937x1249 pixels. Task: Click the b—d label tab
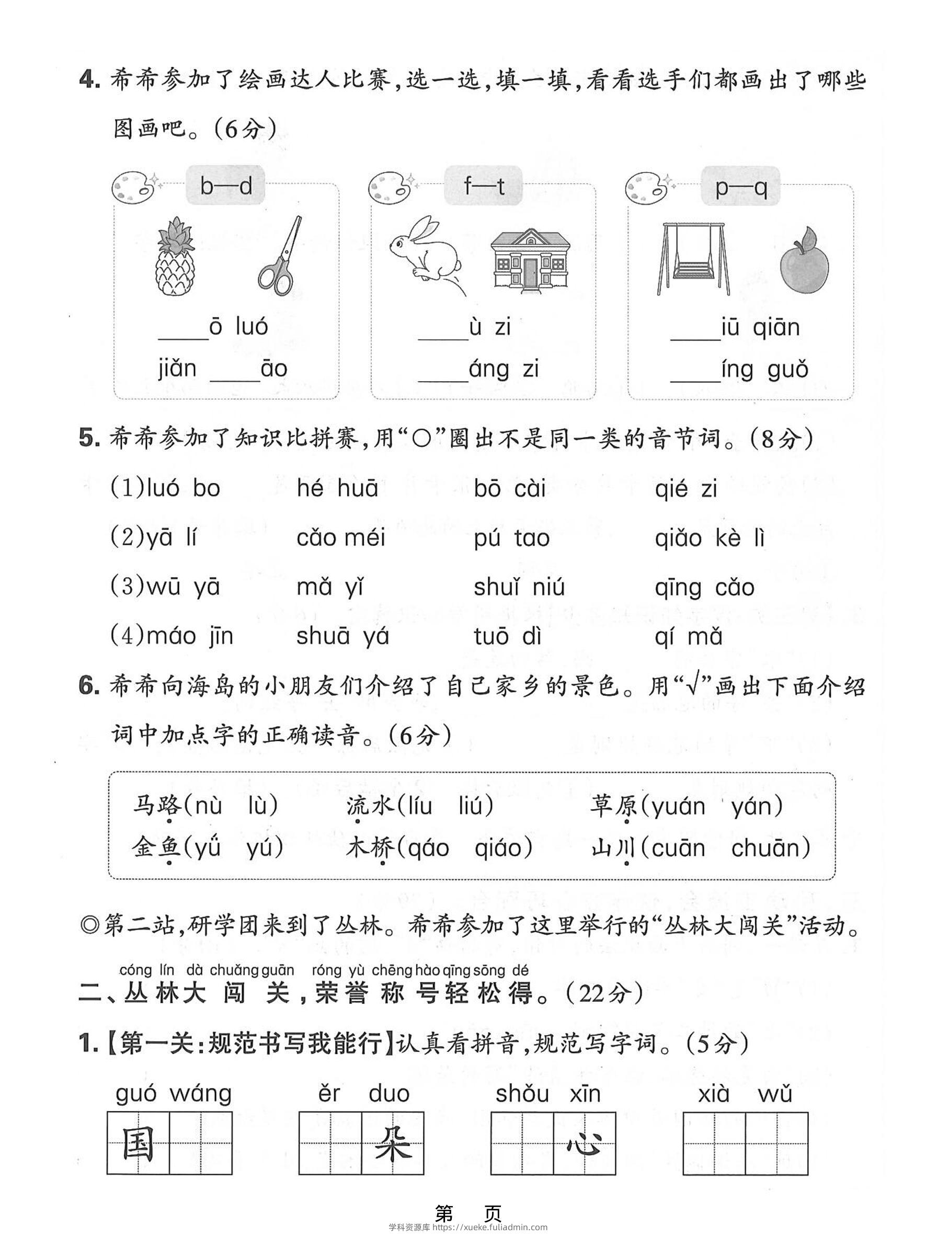[225, 186]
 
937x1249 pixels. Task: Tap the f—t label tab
[484, 186]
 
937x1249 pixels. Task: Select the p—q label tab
[740, 187]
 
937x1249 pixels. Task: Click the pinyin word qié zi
[685, 489]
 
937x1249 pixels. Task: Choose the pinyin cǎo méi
[340, 538]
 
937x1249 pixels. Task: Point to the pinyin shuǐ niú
[519, 587]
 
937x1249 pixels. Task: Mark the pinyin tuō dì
[507, 636]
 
